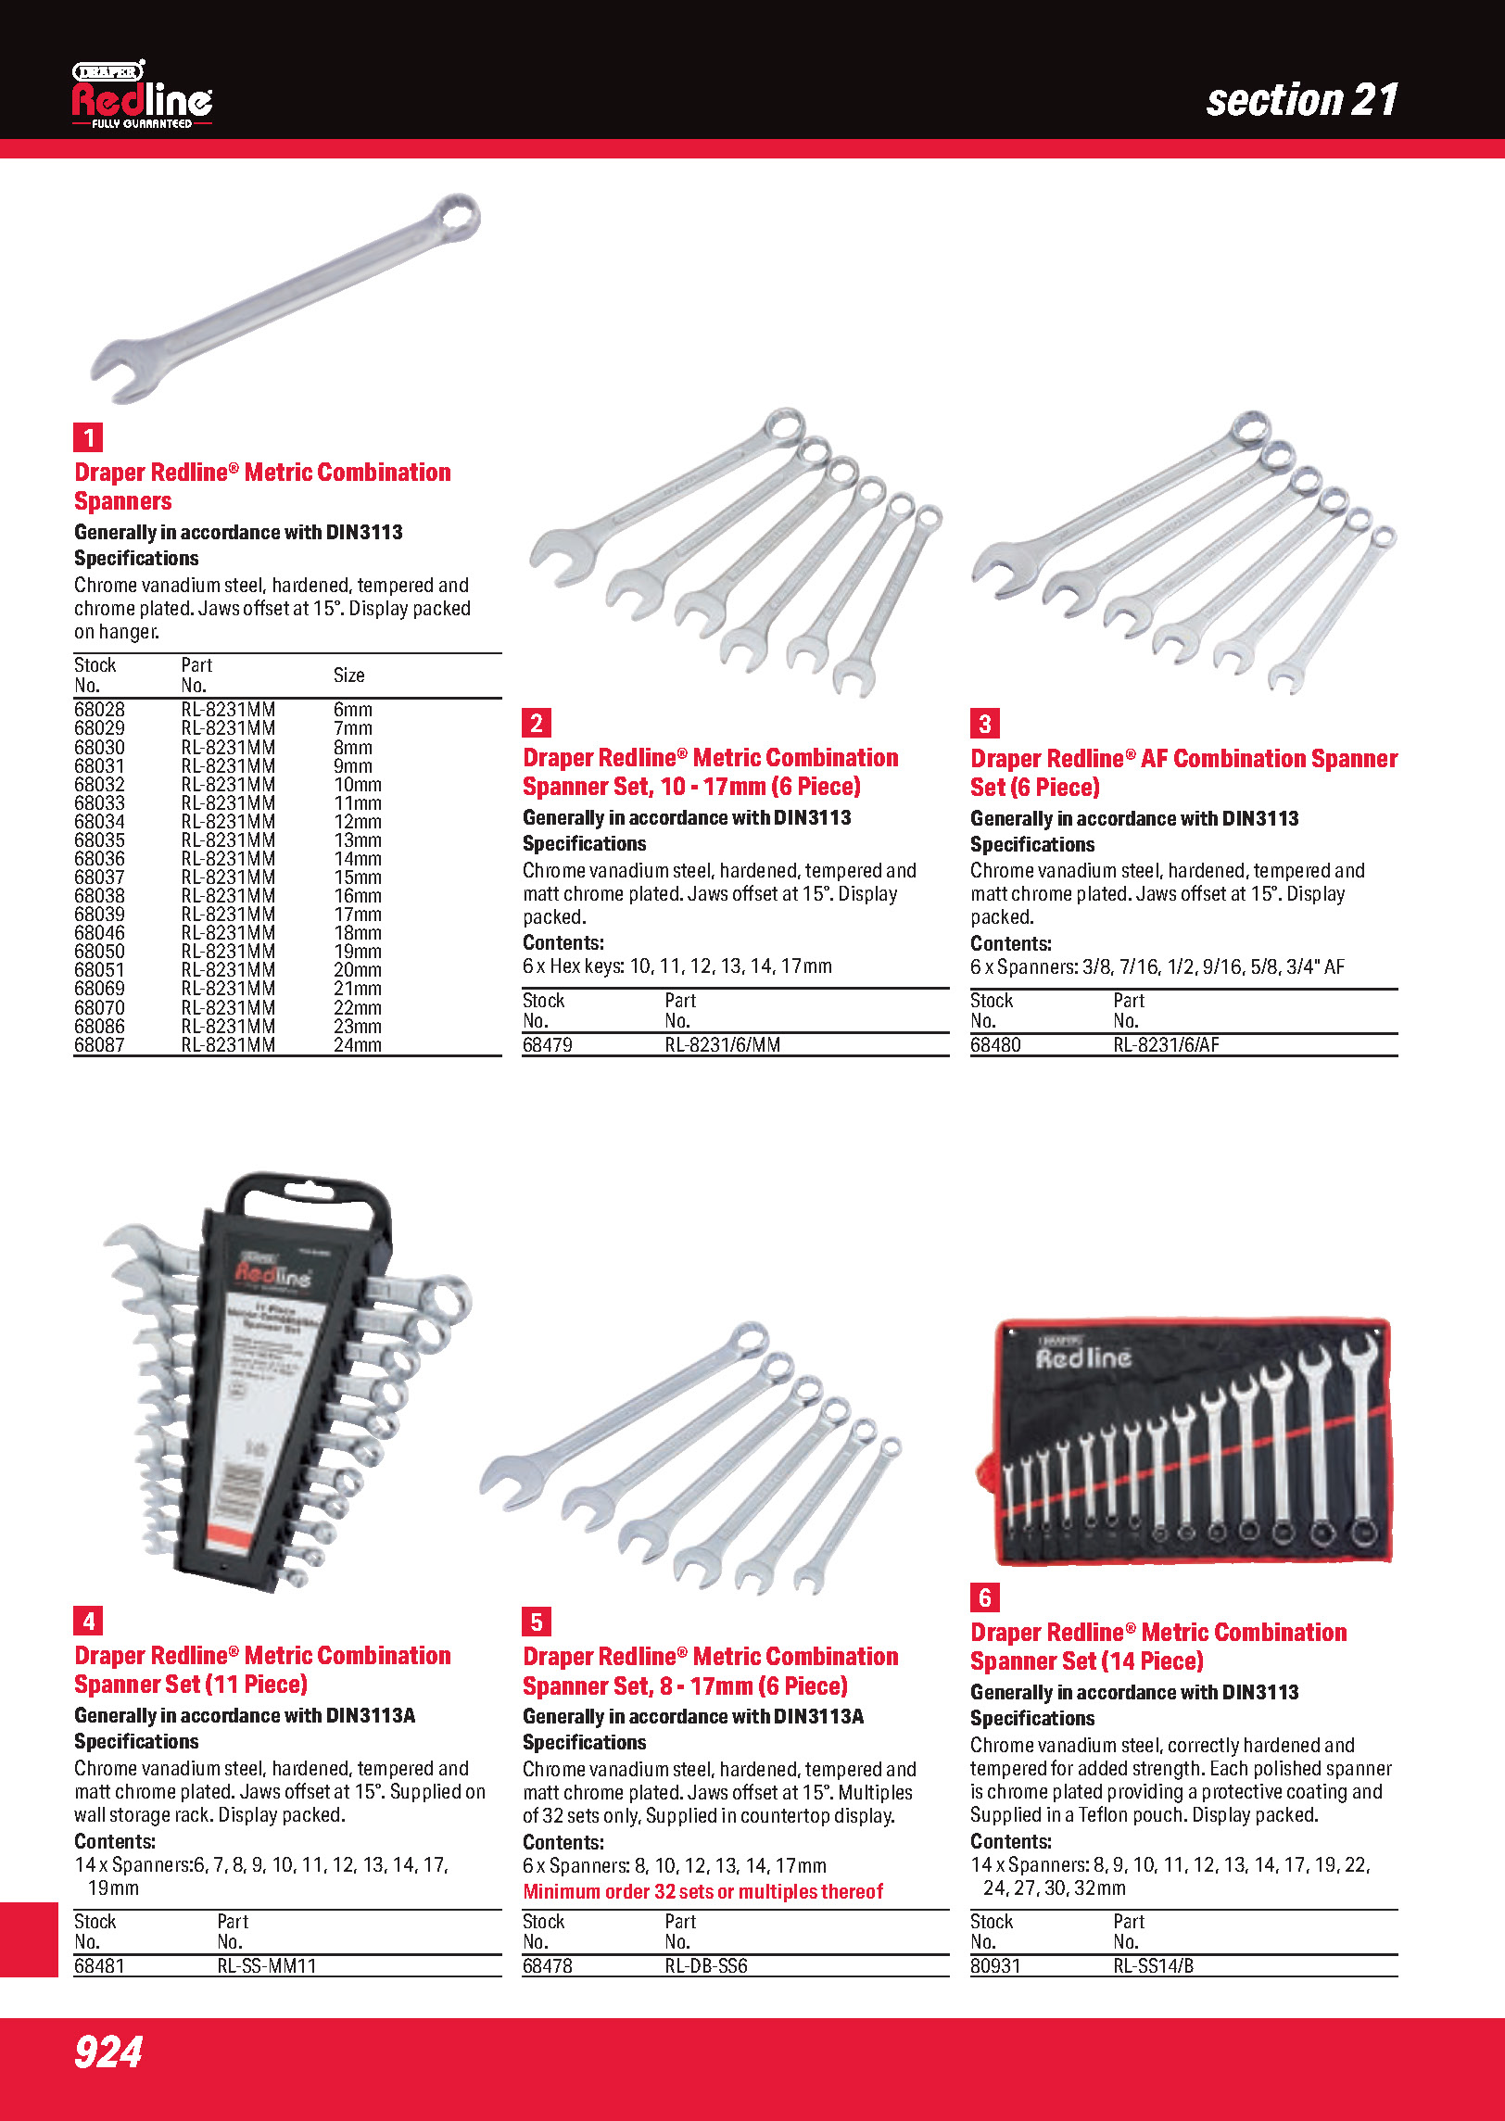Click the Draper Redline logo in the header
pyautogui.click(x=142, y=95)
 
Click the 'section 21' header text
pyautogui.click(x=1301, y=100)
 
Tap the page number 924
pyautogui.click(x=108, y=2052)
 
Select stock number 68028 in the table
pyautogui.click(x=99, y=710)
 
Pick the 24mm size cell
pyautogui.click(x=357, y=1045)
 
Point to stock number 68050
pyautogui.click(x=99, y=952)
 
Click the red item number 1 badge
pyautogui.click(x=89, y=437)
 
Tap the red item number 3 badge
pyautogui.click(x=984, y=724)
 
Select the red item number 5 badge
pyautogui.click(x=537, y=1622)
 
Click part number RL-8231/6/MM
pyautogui.click(x=722, y=1045)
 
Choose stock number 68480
pyautogui.click(x=995, y=1045)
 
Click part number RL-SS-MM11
pyautogui.click(x=267, y=1965)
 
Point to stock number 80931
pyautogui.click(x=995, y=1965)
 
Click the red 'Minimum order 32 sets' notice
pyautogui.click(x=702, y=1891)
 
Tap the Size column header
pyautogui.click(x=348, y=675)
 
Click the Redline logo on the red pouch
pyautogui.click(x=1082, y=1357)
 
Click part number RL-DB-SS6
pyautogui.click(x=705, y=1965)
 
